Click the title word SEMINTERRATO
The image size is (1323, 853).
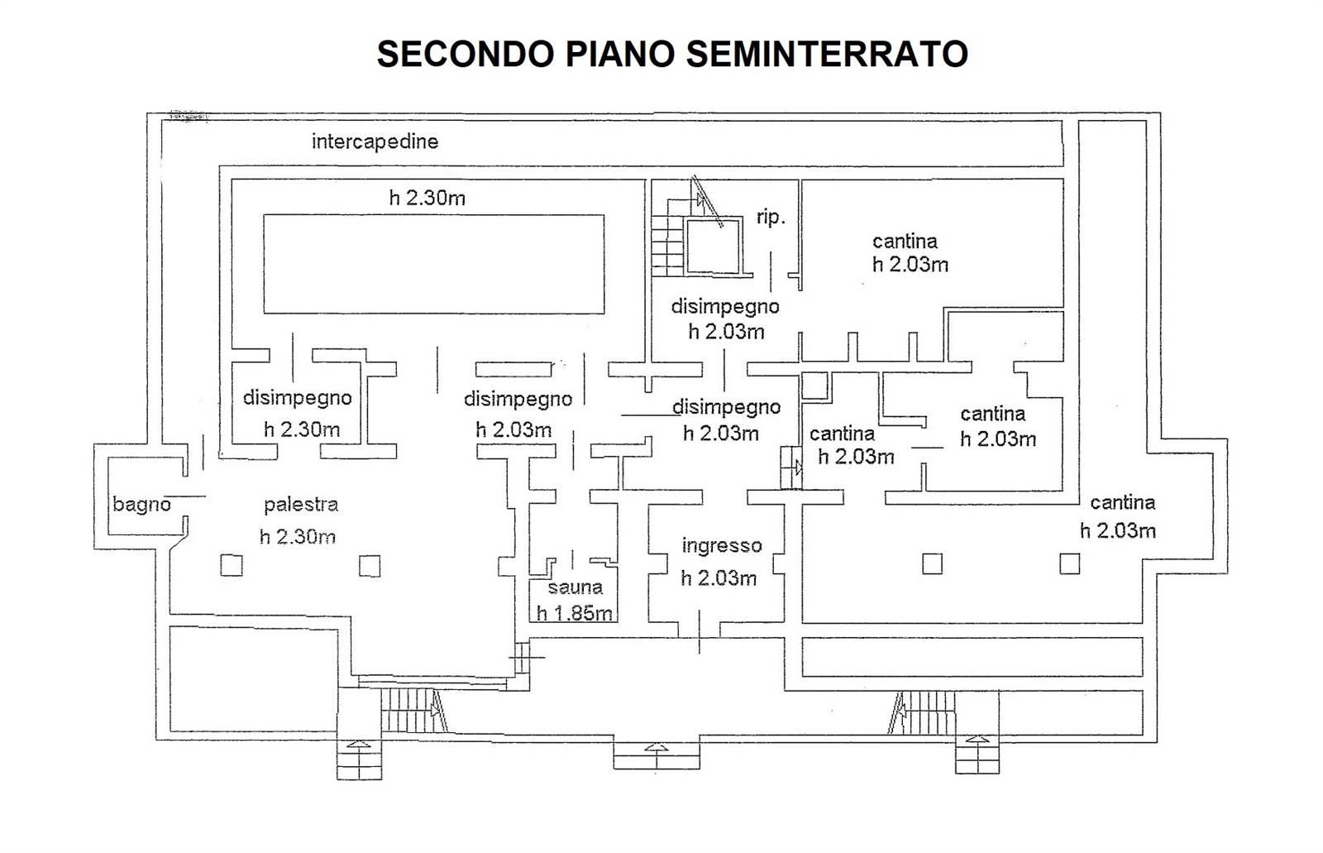[827, 54]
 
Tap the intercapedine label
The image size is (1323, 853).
[375, 141]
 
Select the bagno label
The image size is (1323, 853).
[141, 504]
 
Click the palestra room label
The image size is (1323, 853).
[301, 504]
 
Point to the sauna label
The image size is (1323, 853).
[575, 587]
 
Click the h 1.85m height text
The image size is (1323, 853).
[574, 613]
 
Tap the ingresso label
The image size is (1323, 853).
[722, 545]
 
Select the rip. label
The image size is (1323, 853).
[771, 217]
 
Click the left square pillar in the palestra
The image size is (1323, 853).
[232, 565]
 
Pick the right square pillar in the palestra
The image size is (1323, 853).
[370, 566]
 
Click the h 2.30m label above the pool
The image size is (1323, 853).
[427, 198]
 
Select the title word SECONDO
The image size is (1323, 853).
[466, 54]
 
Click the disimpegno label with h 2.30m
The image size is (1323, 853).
[297, 398]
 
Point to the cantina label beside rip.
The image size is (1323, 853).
[905, 242]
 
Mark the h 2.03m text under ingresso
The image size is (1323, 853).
[719, 577]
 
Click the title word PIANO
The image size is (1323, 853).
[620, 54]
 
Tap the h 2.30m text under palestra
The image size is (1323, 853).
[298, 536]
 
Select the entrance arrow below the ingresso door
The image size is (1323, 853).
[657, 748]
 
